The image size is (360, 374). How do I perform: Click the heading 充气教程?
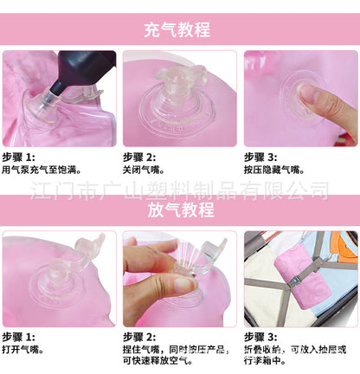(177, 29)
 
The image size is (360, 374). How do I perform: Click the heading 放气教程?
(181, 210)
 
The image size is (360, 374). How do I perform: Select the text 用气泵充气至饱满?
(42, 170)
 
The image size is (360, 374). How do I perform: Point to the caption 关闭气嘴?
(144, 170)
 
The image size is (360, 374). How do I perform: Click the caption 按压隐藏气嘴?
(274, 170)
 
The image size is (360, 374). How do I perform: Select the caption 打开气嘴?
(22, 350)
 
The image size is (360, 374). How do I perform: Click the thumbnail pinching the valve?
(184, 284)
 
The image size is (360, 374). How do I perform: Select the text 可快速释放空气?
(157, 360)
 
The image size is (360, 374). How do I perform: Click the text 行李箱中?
(265, 360)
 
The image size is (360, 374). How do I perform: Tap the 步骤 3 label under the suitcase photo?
(260, 337)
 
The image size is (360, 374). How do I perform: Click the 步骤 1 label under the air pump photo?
(18, 158)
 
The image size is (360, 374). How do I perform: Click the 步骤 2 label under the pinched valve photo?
(139, 337)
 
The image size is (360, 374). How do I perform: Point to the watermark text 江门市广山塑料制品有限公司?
(179, 191)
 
